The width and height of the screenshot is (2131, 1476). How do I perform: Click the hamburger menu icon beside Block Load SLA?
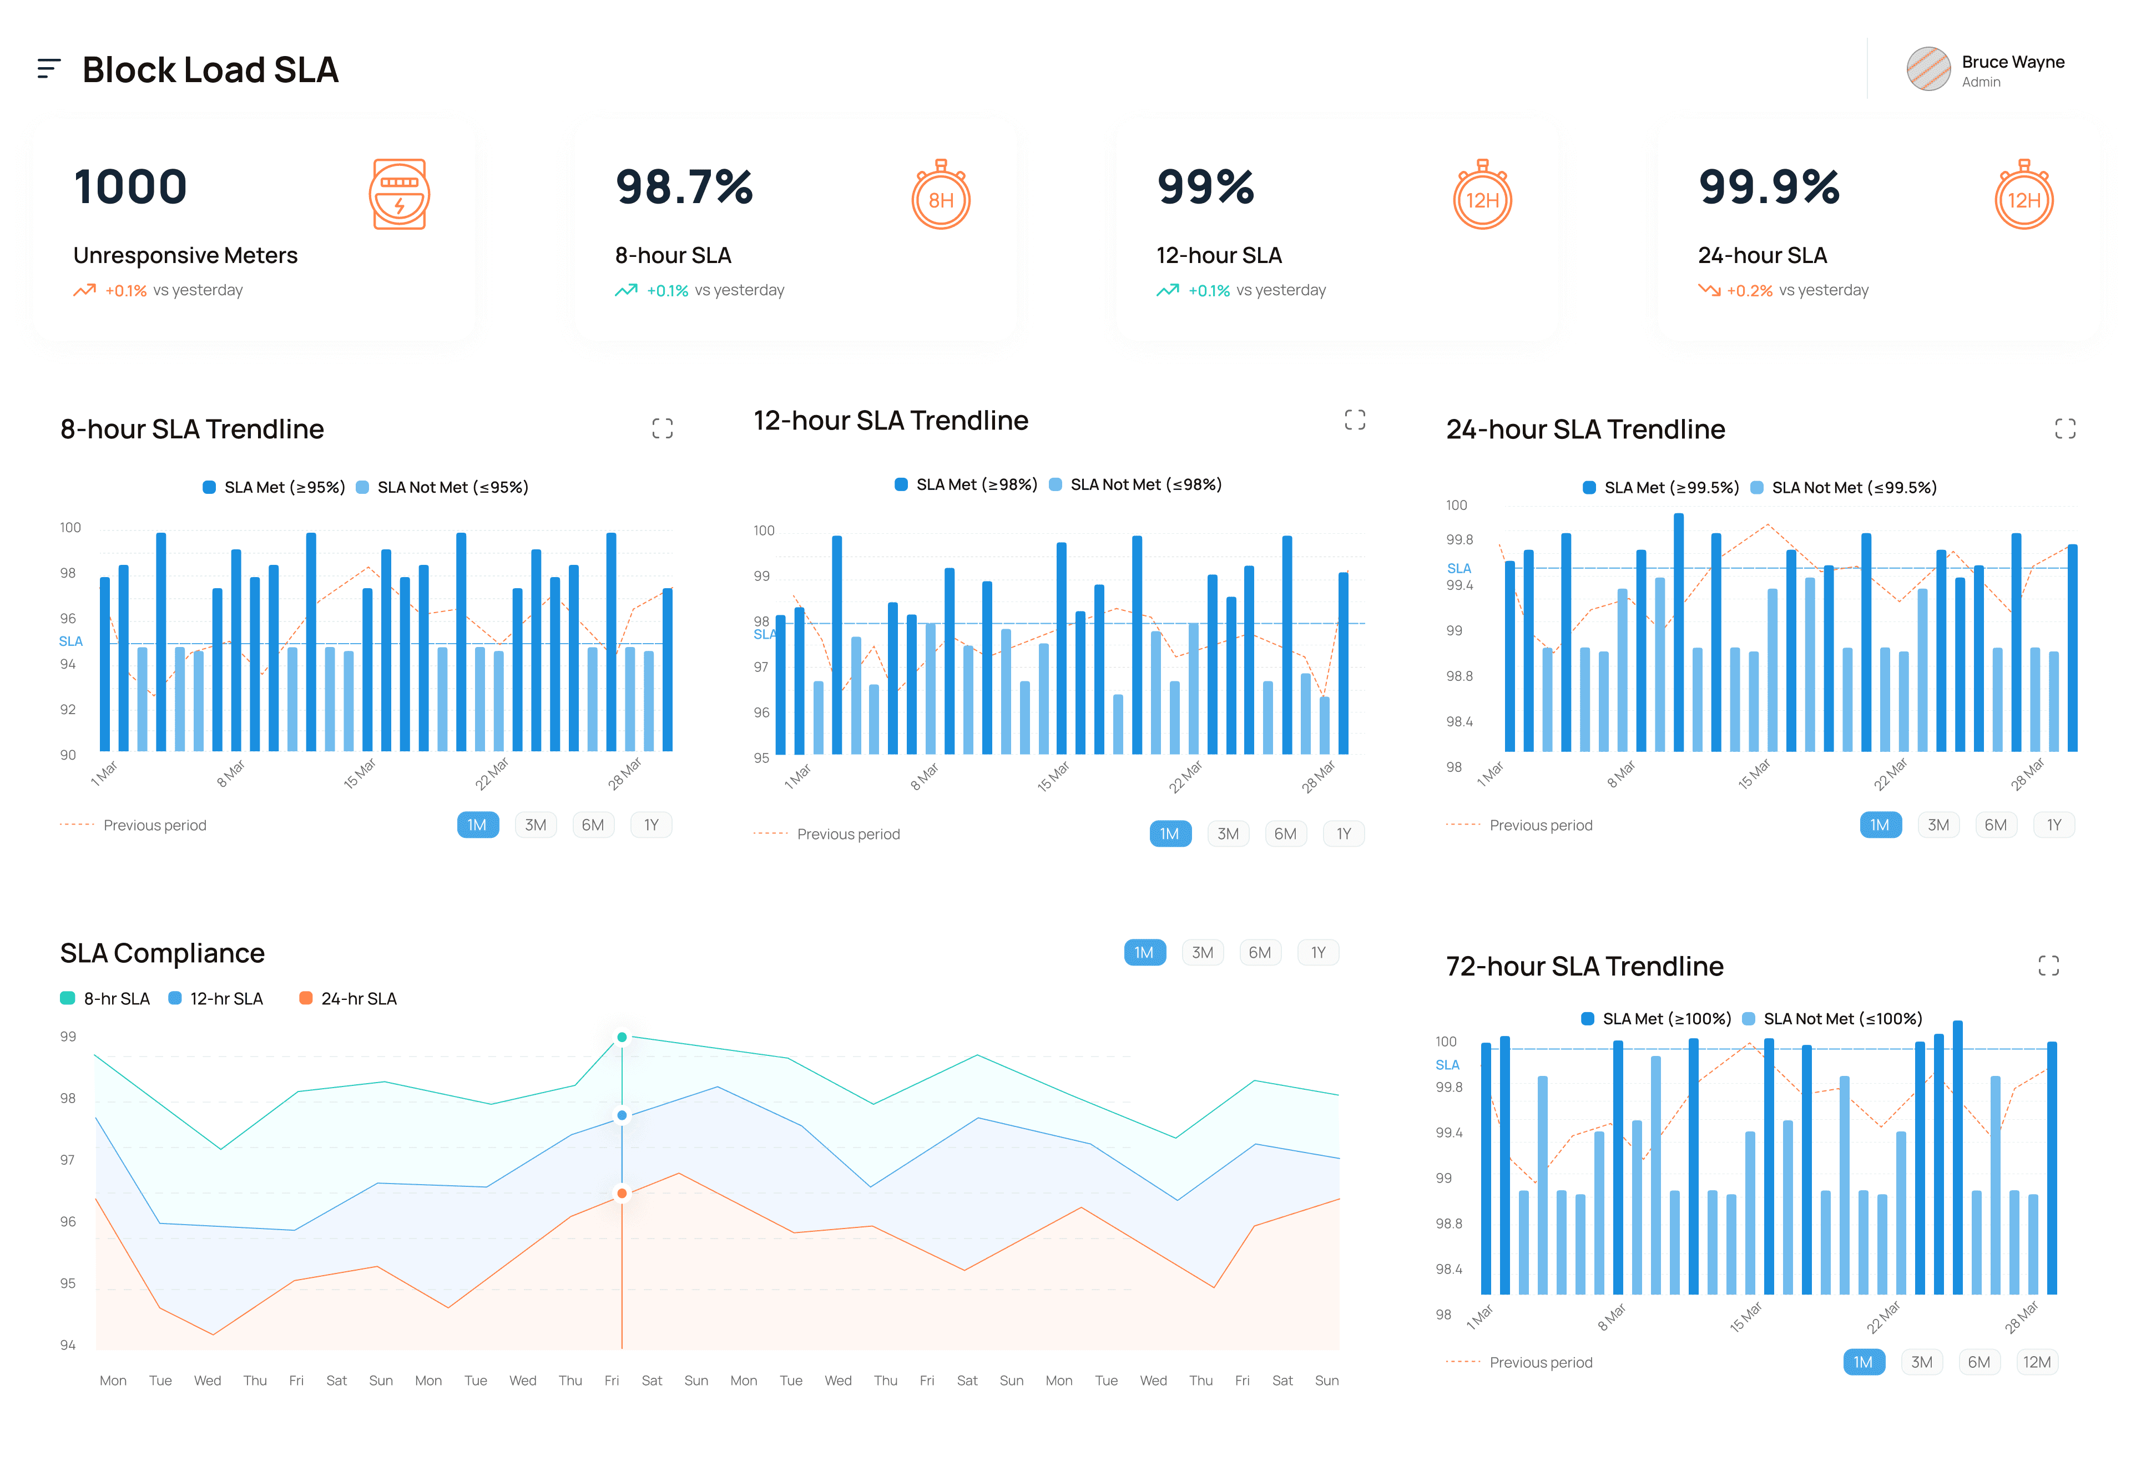pos(49,68)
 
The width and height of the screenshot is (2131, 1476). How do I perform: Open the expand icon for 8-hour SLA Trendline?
pos(662,428)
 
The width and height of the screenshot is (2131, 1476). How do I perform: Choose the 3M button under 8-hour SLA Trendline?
pos(536,825)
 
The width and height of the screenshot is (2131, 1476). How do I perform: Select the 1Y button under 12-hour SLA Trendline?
pos(1343,833)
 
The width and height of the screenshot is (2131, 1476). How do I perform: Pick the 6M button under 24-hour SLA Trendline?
pos(1995,825)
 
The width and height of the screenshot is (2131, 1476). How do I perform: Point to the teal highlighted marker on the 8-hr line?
pos(622,1037)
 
